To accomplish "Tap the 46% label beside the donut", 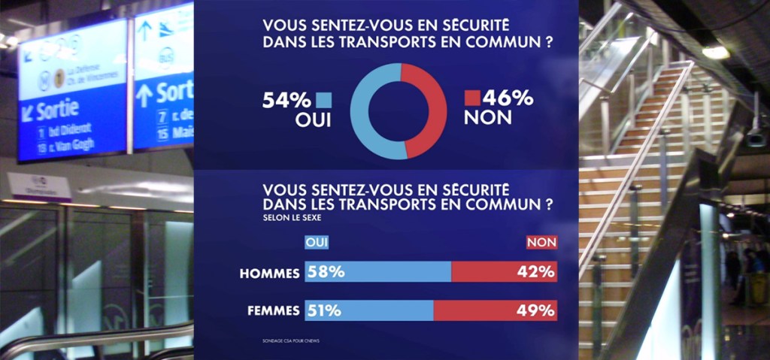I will click(x=508, y=98).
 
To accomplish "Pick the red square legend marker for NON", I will click(x=472, y=98).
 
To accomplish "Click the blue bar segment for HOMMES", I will click(x=377, y=272).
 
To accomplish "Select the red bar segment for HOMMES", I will click(x=504, y=272).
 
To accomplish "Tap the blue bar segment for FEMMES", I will click(x=369, y=310).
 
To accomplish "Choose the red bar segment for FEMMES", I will click(x=496, y=310).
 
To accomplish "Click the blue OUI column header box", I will click(x=317, y=242).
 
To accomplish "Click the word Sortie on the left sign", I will click(x=57, y=111).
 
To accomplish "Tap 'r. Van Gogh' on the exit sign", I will click(x=72, y=144).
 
